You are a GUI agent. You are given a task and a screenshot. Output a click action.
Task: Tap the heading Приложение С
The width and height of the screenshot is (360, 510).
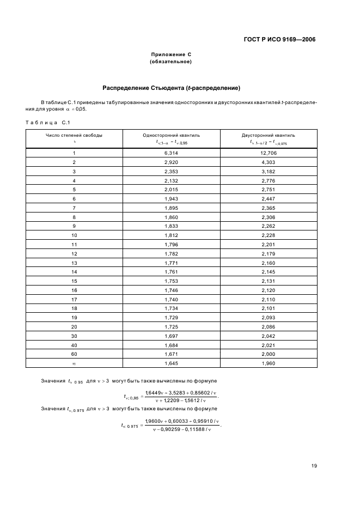click(x=171, y=54)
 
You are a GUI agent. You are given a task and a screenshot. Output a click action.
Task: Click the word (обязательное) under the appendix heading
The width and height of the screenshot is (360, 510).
click(x=171, y=62)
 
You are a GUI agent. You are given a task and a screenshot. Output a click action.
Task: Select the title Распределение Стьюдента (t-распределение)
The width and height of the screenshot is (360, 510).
click(x=172, y=88)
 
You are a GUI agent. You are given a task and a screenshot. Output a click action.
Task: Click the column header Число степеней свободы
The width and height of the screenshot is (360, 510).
click(x=74, y=135)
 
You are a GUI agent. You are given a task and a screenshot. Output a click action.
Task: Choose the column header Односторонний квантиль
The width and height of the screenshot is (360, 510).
click(x=171, y=135)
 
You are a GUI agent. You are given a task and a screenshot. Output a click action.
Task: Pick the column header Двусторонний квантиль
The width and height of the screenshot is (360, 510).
click(x=269, y=135)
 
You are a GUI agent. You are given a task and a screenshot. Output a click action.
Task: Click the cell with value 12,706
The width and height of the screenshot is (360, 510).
click(x=269, y=153)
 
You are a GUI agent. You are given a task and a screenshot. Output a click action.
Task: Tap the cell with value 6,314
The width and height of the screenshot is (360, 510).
click(x=171, y=153)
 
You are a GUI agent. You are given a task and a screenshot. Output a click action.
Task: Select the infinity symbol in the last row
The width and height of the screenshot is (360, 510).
click(x=74, y=362)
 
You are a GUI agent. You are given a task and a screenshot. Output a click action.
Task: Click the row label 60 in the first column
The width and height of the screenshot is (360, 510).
click(x=74, y=354)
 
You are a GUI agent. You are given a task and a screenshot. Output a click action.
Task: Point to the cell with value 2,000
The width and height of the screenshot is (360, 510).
click(x=269, y=354)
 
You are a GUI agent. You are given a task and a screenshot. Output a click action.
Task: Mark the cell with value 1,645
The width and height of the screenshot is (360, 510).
click(x=171, y=362)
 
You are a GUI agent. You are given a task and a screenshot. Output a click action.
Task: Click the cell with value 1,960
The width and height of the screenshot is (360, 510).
click(x=269, y=362)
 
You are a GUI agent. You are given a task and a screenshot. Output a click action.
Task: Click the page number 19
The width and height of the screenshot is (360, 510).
click(x=314, y=466)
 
